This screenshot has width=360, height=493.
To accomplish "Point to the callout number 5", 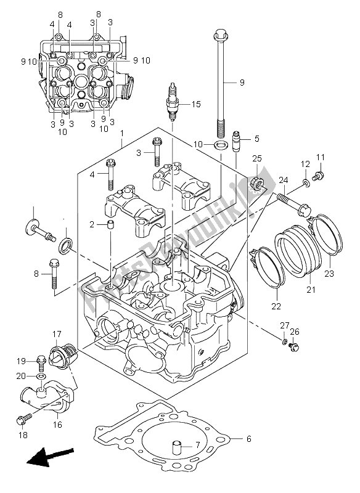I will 256,139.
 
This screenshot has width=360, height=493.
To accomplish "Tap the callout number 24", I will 282,180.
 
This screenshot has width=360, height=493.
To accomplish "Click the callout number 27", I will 284,325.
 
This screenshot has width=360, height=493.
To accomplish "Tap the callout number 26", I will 294,333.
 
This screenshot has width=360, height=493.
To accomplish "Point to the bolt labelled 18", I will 22,421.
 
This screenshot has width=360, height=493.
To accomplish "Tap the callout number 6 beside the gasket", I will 248,439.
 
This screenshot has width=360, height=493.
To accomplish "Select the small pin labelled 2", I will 109,225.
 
